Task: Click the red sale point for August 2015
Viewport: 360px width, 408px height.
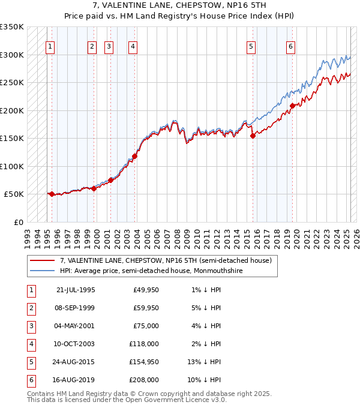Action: click(253, 136)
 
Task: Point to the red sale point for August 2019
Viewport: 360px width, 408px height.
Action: click(292, 106)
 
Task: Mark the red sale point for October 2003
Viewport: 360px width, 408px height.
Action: click(134, 156)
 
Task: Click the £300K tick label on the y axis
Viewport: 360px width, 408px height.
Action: click(12, 55)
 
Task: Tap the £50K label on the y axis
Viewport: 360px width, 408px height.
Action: click(14, 194)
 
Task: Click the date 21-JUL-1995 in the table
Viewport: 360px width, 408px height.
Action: click(75, 290)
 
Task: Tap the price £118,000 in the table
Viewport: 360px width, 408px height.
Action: click(145, 344)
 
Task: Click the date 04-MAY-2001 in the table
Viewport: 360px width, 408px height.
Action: click(75, 326)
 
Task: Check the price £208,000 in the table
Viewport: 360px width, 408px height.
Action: click(145, 380)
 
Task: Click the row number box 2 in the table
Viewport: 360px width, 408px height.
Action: click(31, 308)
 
